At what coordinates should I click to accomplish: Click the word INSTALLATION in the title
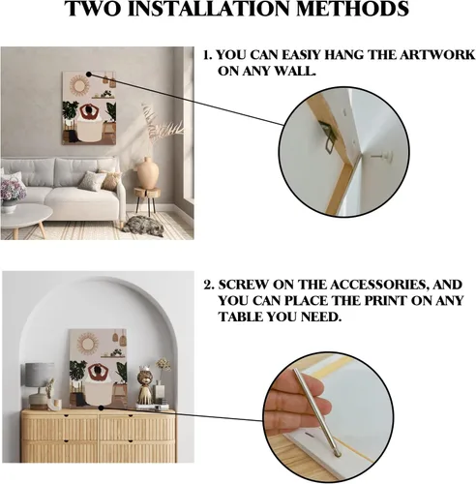pos(212,9)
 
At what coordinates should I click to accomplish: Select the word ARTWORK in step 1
pos(437,55)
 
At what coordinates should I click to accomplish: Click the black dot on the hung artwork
pos(89,75)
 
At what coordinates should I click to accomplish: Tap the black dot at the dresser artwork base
pos(101,408)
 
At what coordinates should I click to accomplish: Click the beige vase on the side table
pos(148,173)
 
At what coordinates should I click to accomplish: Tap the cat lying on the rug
pos(143,225)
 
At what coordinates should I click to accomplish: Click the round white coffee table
pos(23,215)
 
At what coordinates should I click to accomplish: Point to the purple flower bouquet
pos(13,191)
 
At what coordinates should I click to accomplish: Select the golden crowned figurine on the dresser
pos(144,385)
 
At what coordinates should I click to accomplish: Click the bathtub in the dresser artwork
pos(98,395)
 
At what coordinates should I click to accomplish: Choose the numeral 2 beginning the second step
pos(208,286)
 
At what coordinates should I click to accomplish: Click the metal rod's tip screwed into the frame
pos(338,454)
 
